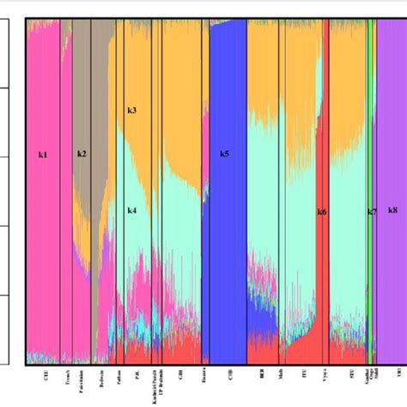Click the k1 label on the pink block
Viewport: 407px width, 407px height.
click(43, 155)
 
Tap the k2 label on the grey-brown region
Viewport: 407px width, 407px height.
click(82, 154)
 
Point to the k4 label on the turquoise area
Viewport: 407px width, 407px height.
click(131, 210)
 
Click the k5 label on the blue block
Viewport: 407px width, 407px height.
click(224, 154)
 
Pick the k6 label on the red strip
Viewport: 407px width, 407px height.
click(322, 211)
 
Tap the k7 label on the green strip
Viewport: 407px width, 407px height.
click(372, 211)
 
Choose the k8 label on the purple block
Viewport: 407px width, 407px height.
click(392, 210)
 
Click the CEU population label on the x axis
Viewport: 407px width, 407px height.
click(45, 375)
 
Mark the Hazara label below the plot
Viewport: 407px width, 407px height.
click(203, 378)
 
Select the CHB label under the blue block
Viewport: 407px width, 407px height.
click(229, 375)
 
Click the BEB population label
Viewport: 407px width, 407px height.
click(262, 375)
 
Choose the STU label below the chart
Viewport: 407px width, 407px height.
click(352, 375)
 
